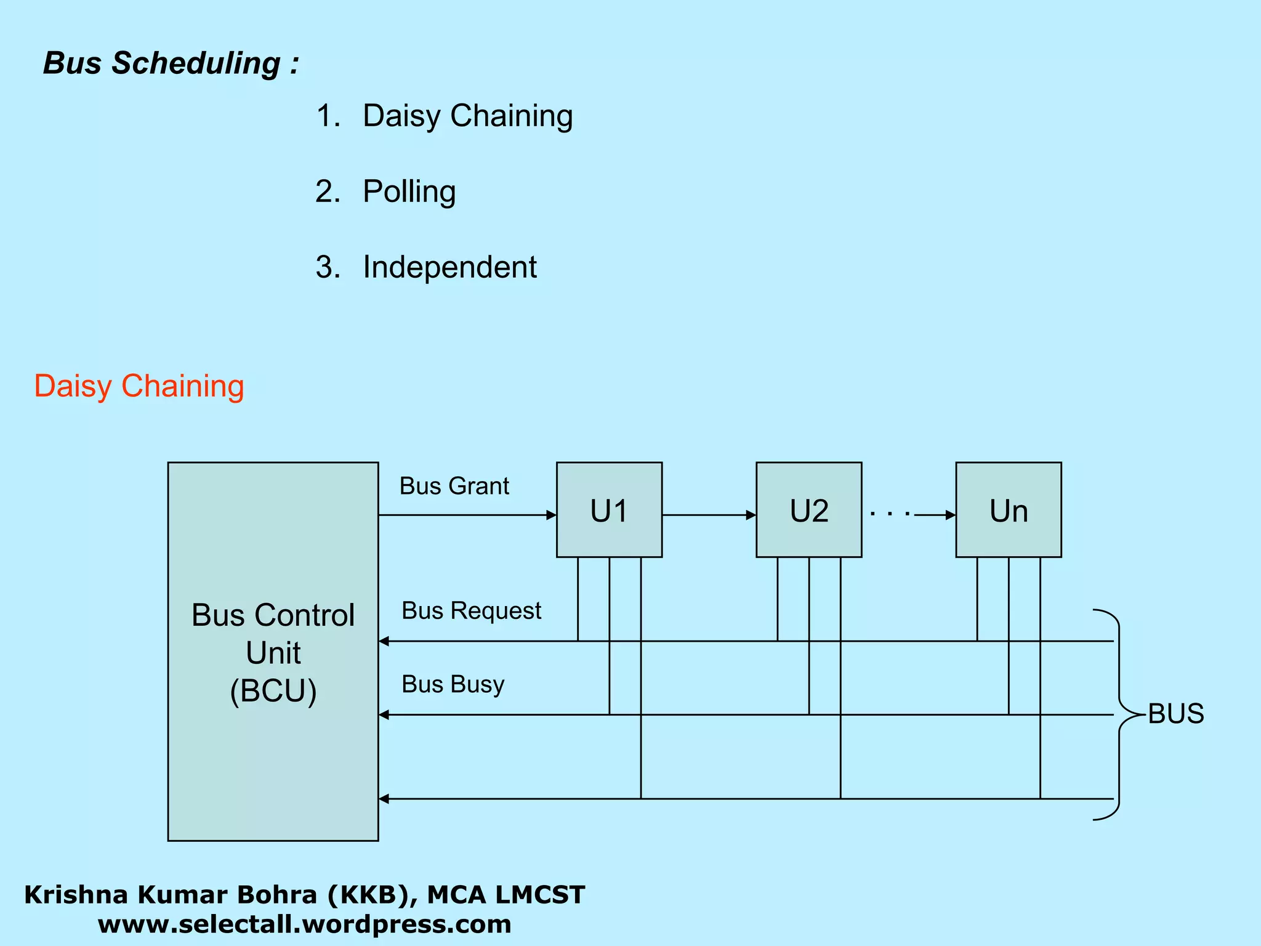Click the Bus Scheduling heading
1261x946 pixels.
click(x=171, y=63)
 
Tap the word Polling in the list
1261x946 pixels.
click(x=409, y=192)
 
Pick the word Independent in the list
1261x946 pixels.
click(x=449, y=267)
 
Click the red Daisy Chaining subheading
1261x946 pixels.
click(x=139, y=386)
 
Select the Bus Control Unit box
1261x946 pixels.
click(x=273, y=651)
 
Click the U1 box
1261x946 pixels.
click(x=609, y=510)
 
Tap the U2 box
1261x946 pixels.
click(x=808, y=510)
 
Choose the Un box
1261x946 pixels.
click(x=1008, y=510)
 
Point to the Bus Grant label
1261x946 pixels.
click(x=454, y=486)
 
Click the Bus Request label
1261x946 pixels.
click(x=471, y=610)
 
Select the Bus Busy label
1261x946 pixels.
click(x=453, y=684)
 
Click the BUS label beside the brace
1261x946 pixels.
click(x=1176, y=714)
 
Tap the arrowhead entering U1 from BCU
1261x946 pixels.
click(x=551, y=515)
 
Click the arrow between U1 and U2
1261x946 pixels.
click(x=708, y=515)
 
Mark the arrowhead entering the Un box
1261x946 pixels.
click(x=951, y=515)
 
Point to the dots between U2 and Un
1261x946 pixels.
click(x=890, y=513)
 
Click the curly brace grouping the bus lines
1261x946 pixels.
click(x=1119, y=714)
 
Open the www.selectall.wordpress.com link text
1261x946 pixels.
click(x=304, y=924)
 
